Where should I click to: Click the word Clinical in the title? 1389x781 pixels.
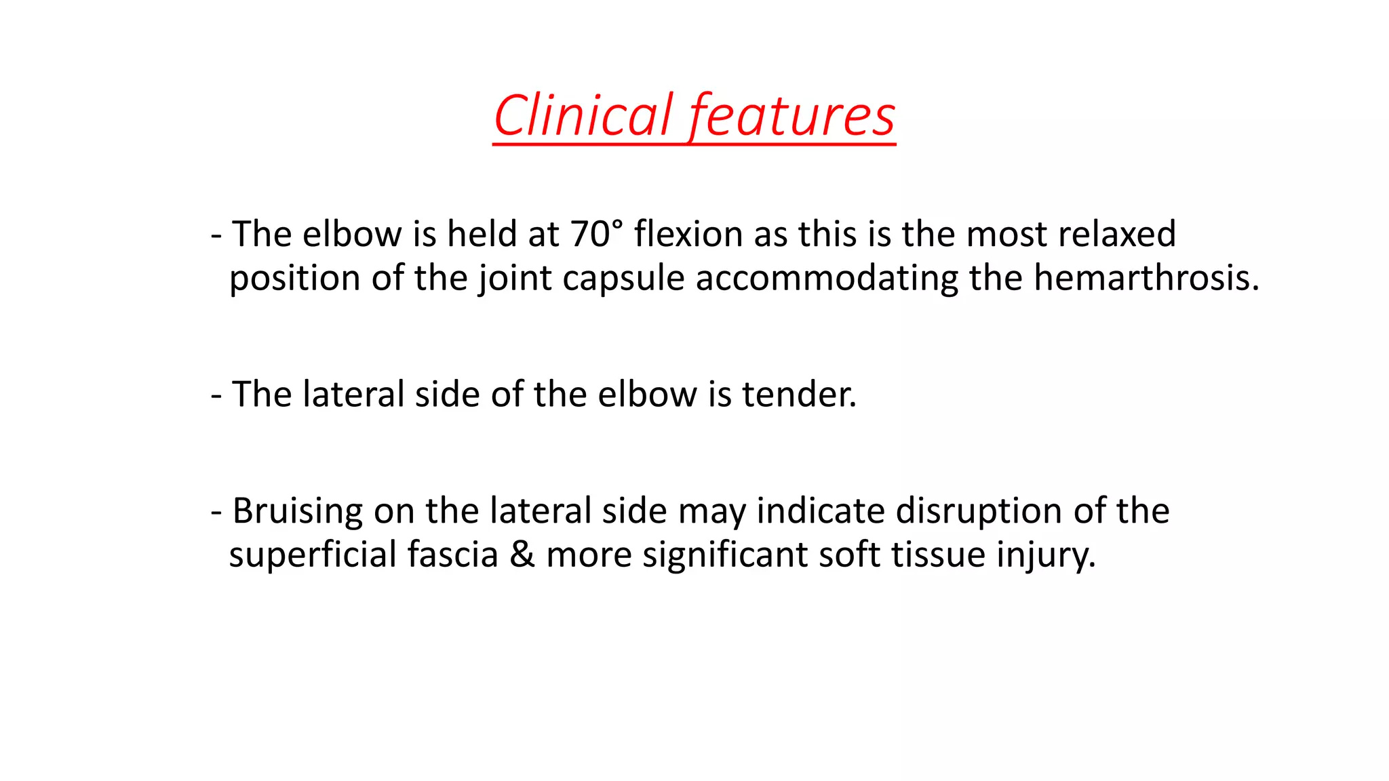point(583,115)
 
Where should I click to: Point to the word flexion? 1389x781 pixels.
point(688,234)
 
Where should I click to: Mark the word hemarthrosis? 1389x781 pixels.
point(1146,278)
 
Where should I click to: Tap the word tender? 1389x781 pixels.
point(799,394)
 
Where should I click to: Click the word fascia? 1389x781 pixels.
point(452,555)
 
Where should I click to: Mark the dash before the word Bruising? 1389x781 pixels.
point(216,512)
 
